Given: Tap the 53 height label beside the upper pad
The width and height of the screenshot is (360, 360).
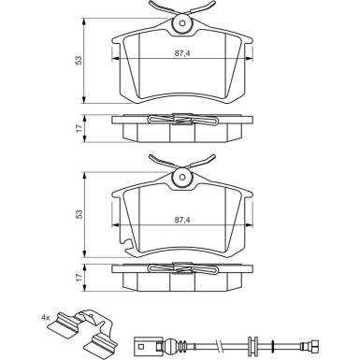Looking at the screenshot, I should point(79,60).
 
